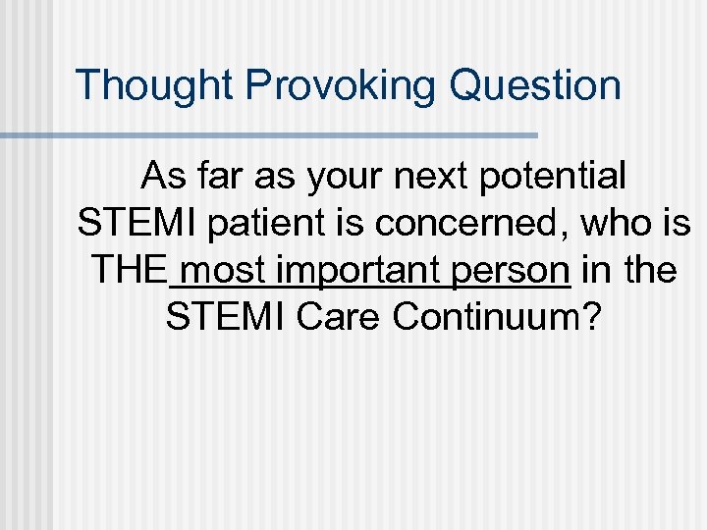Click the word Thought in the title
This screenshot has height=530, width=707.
click(155, 85)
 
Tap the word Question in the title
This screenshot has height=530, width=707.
click(535, 85)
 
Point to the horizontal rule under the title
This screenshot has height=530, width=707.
click(269, 134)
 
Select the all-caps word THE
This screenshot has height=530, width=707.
click(129, 269)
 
